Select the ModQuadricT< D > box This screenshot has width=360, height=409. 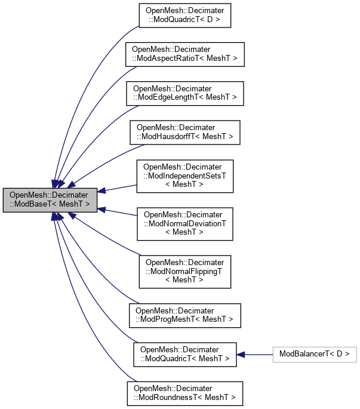coord(184,17)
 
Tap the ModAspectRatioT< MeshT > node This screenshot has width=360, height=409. coord(184,54)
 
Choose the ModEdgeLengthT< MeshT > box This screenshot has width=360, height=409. coord(184,92)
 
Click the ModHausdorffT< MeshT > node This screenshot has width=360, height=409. coord(184,132)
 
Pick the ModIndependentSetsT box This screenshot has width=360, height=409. coord(184,176)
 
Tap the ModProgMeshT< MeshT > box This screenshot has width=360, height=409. coord(184,315)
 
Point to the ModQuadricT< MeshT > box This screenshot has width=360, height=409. coord(184,354)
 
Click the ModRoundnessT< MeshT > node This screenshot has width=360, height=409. coord(184,393)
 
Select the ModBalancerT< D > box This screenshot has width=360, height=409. coord(314,354)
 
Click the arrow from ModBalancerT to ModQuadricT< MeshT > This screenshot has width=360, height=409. coord(257,354)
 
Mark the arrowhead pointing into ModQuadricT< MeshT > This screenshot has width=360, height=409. coord(241,354)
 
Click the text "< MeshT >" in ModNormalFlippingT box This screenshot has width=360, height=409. coord(184,279)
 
